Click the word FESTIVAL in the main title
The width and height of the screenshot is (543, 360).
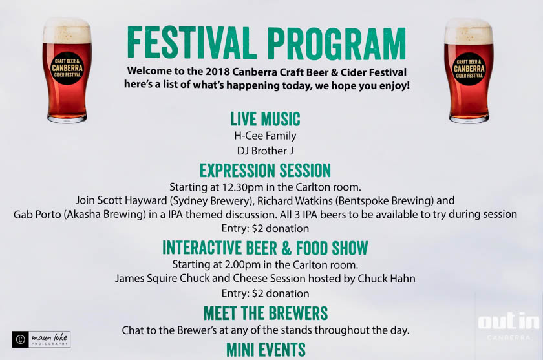[191, 43]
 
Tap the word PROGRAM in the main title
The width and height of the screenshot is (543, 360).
[337, 43]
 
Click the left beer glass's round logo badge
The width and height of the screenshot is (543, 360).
[67, 69]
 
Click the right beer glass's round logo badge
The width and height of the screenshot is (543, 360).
[469, 69]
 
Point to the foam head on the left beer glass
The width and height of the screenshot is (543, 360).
[67, 30]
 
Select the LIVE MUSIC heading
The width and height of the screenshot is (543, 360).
[265, 119]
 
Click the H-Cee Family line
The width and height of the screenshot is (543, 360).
[265, 136]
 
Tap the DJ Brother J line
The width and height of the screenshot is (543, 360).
[265, 151]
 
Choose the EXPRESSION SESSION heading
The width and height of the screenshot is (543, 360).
[265, 171]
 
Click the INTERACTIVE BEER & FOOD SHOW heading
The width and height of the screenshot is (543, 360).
[265, 248]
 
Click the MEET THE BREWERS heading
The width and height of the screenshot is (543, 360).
[266, 313]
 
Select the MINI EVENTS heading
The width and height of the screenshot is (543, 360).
[266, 350]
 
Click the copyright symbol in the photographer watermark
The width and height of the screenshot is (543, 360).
[21, 339]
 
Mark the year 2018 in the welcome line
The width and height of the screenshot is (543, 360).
[217, 72]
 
